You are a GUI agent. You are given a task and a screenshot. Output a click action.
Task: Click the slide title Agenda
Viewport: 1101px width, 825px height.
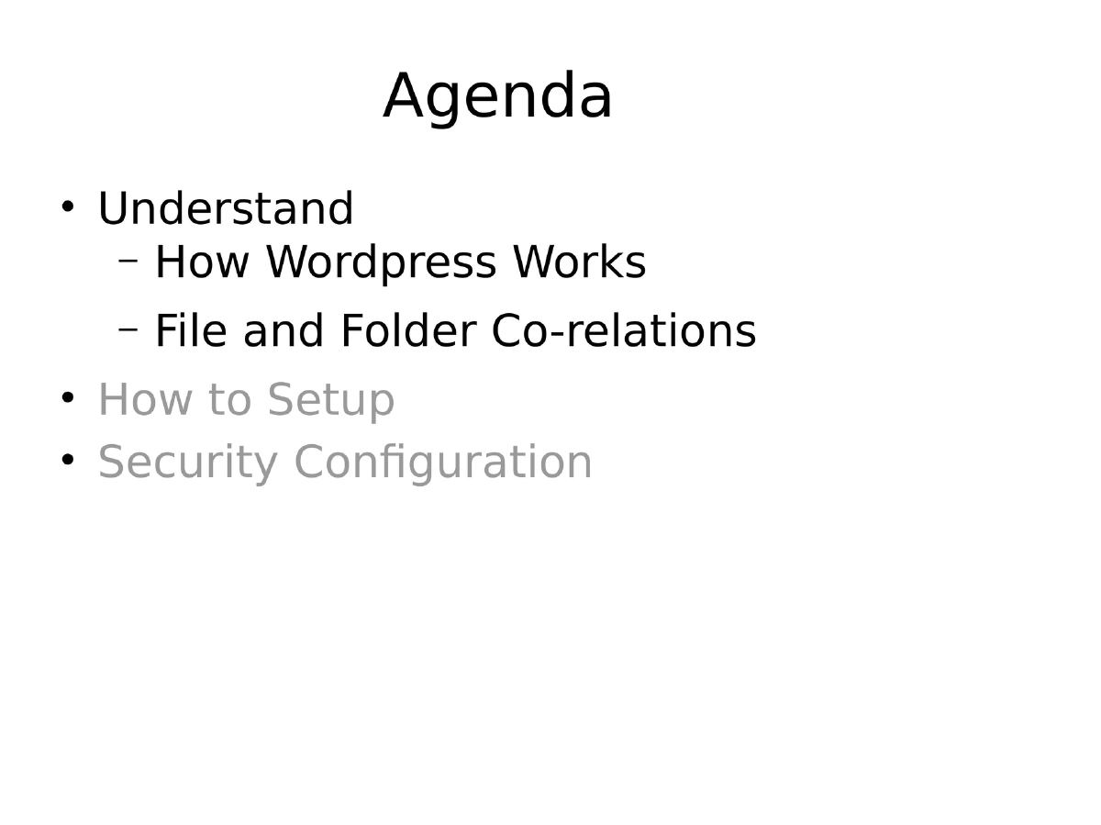click(x=497, y=97)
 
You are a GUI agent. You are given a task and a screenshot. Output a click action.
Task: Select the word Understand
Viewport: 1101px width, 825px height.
click(x=225, y=209)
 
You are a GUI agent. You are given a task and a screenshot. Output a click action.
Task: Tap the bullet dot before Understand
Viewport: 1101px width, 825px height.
click(x=67, y=206)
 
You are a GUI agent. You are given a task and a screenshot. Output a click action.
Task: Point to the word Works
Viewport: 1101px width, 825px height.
click(x=579, y=262)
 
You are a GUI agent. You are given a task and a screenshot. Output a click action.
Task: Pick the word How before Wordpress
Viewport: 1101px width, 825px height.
click(x=202, y=262)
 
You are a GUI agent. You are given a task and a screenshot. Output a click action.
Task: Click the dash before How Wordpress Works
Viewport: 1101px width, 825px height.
click(x=128, y=260)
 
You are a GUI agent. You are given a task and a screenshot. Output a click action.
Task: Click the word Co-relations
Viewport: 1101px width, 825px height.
click(x=624, y=331)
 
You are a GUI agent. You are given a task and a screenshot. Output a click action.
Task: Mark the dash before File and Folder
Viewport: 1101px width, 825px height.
click(x=128, y=328)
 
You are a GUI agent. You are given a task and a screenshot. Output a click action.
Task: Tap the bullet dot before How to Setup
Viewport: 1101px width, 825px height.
click(x=67, y=396)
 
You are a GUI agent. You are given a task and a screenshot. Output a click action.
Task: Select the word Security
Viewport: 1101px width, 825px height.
click(x=187, y=463)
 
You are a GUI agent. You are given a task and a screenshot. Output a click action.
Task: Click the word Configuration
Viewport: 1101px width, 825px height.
click(x=443, y=463)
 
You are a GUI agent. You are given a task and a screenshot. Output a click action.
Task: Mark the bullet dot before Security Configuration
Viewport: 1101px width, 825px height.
click(x=67, y=458)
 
